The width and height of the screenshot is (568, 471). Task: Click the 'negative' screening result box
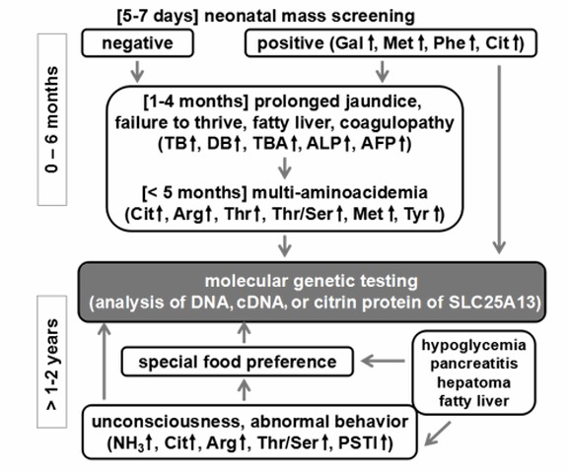138,43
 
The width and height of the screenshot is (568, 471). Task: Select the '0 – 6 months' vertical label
52,119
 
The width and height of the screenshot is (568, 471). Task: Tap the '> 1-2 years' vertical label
52,362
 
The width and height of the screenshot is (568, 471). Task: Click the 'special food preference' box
238,362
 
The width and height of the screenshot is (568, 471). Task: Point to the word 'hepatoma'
473,382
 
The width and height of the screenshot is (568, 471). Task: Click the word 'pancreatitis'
473,364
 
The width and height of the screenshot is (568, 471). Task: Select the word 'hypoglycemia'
473,345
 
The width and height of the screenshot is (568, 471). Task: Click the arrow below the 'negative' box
137,72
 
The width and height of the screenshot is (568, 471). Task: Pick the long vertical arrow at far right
500,160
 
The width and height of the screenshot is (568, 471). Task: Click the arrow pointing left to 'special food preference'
383,361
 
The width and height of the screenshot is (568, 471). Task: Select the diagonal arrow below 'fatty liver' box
438,433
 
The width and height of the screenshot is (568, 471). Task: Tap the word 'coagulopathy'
396,123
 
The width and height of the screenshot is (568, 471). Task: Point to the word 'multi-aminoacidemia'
340,192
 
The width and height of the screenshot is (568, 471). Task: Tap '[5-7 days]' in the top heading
158,17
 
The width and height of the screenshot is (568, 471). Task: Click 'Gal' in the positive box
349,43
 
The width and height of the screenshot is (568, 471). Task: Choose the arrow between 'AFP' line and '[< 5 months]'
285,168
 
